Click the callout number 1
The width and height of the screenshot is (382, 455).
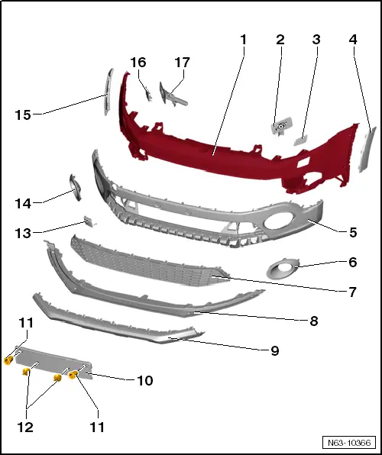pos(244,38)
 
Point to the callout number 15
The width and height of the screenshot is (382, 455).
pos(24,115)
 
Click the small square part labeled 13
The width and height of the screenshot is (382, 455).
pos(89,221)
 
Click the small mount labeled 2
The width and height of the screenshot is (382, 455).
pos(281,126)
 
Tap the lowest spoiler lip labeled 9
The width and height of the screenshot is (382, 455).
pos(115,324)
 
